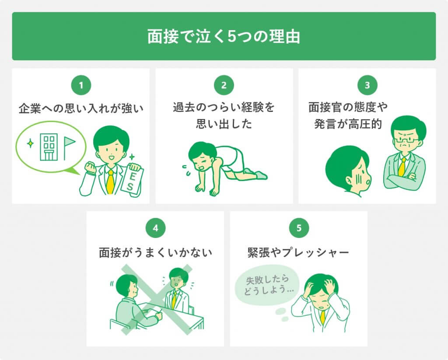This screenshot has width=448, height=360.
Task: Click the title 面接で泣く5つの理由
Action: pos(224,36)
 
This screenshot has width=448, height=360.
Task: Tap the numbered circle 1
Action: pos(81,85)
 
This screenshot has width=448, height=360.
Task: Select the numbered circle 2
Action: pos(224,85)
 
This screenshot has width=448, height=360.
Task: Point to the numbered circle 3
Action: pos(367,85)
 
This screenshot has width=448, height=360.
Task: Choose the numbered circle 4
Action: pos(155,228)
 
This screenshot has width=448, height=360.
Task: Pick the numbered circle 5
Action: pos(299,228)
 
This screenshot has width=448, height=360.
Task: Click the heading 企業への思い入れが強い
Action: pos(81,108)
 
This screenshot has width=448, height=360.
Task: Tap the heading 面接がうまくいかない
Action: pos(155,252)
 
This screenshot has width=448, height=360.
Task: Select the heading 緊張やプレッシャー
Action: pos(298,252)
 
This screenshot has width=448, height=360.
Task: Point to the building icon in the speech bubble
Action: pos(49,147)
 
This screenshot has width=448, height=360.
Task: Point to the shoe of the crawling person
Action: pos(261,174)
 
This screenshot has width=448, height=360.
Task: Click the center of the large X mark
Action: pos(157,300)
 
